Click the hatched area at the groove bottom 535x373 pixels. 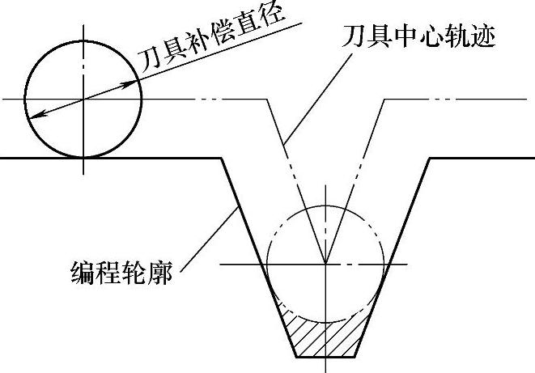pyautogui.click(x=324, y=332)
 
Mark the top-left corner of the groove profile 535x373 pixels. pyautogui.click(x=222, y=158)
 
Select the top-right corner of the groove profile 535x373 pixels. pyautogui.click(x=428, y=158)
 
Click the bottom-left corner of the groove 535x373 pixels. pyautogui.click(x=295, y=356)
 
